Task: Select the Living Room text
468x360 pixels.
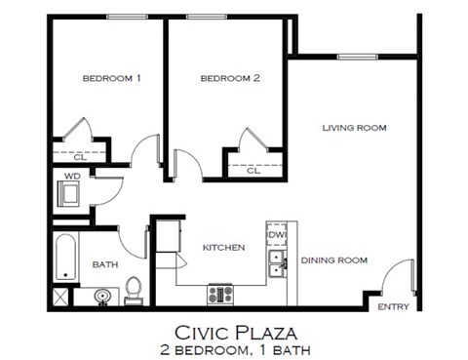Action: [x=355, y=128]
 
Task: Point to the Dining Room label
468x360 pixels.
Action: [x=333, y=260]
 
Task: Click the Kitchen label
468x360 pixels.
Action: [x=223, y=248]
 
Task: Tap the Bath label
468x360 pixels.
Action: [x=105, y=264]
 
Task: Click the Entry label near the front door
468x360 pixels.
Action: [x=394, y=306]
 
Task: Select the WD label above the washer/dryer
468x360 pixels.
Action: [x=71, y=177]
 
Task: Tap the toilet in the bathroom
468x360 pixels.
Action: [x=135, y=289]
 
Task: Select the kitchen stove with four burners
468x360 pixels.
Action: [x=219, y=292]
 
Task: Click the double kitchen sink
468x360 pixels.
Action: [x=277, y=260]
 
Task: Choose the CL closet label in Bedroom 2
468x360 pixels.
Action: [x=253, y=170]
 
